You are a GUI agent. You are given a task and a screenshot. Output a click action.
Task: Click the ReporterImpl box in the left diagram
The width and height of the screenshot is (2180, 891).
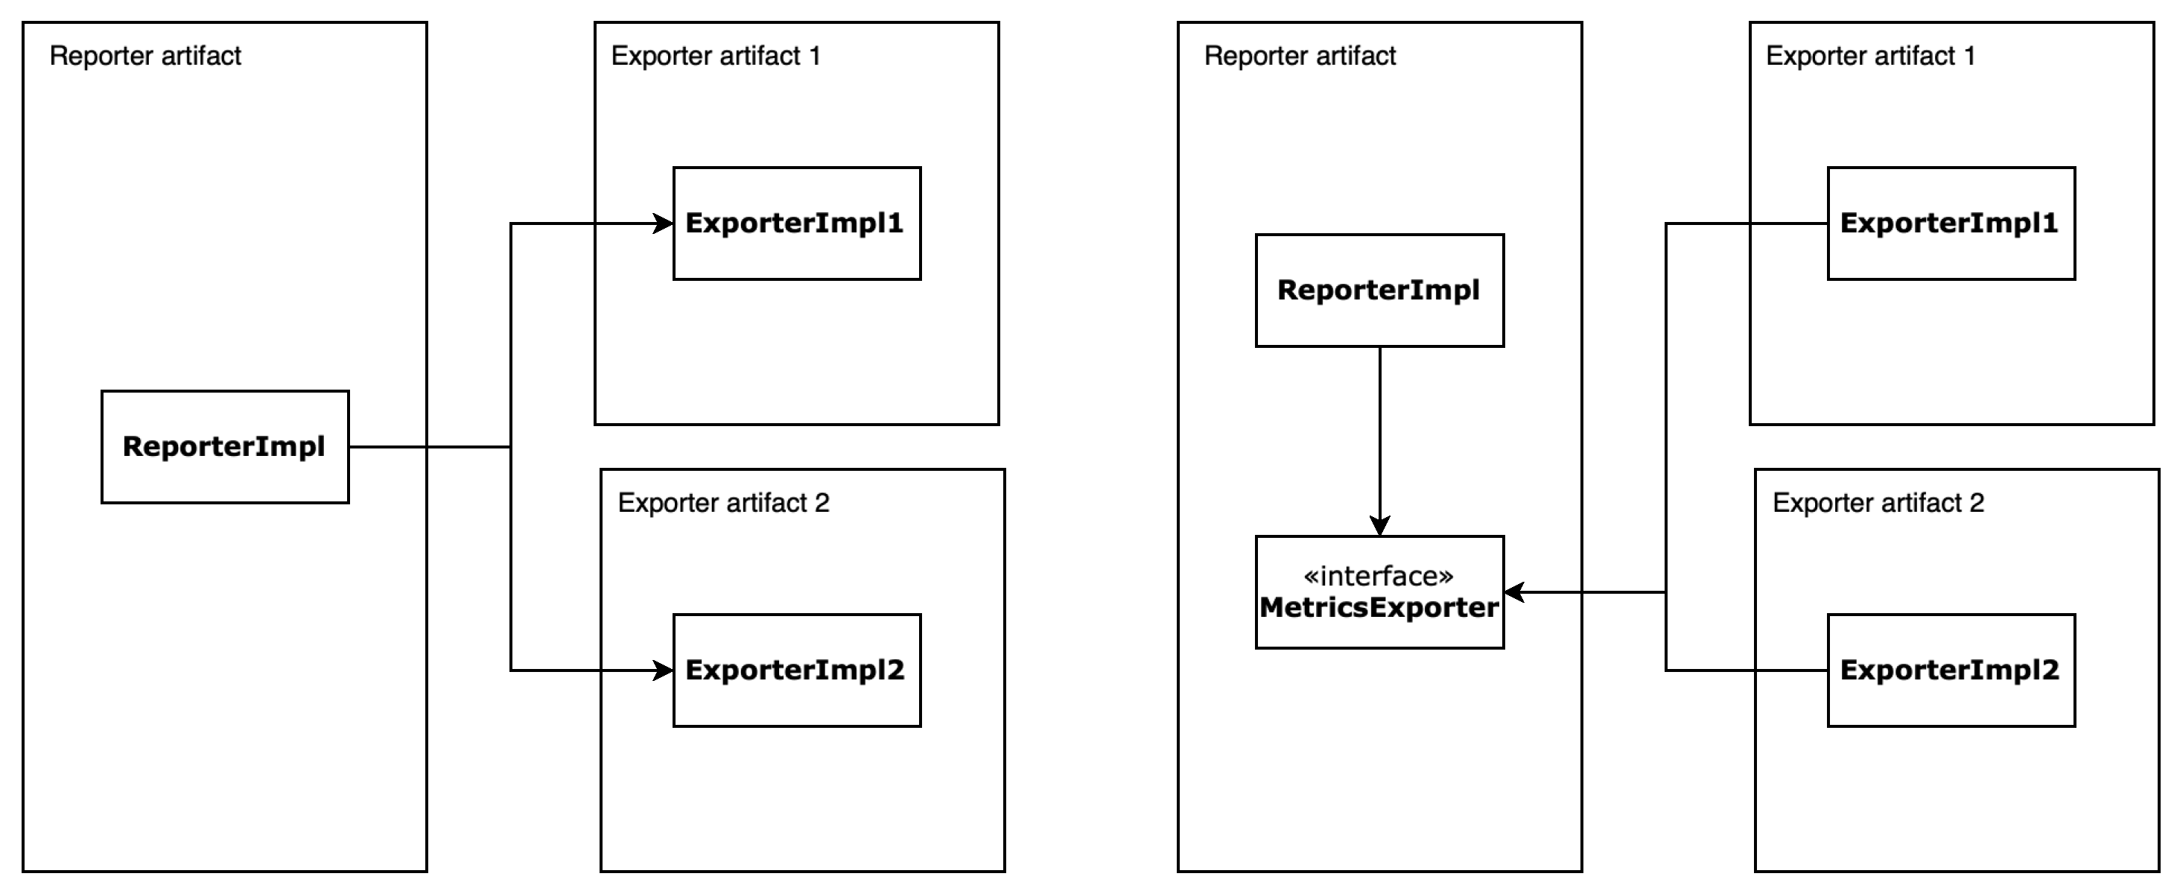(x=224, y=447)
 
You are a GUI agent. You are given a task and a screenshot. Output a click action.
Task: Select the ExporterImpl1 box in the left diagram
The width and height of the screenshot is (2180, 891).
(x=796, y=223)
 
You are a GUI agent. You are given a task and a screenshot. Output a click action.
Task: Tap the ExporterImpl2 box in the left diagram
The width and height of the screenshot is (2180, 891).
(x=796, y=670)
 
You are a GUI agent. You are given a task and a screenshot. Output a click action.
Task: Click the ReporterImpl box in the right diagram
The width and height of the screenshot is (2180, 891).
(x=1379, y=291)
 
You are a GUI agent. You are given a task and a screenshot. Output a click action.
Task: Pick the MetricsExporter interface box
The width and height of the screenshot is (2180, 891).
(x=1379, y=592)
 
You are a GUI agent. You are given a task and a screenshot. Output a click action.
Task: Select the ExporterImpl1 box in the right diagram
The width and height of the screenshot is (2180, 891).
(x=1951, y=223)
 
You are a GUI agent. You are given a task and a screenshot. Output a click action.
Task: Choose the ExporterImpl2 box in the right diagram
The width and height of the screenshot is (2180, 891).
(x=1951, y=670)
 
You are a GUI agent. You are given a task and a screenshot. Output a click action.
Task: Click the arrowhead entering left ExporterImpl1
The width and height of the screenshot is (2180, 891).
(x=664, y=223)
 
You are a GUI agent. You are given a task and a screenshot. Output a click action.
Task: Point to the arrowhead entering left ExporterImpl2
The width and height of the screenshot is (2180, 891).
(x=664, y=670)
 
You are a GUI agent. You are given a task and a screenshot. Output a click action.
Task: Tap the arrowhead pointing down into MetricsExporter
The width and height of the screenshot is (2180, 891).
(x=1379, y=526)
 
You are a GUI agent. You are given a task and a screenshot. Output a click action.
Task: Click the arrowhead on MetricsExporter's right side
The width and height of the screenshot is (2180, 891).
(x=1515, y=592)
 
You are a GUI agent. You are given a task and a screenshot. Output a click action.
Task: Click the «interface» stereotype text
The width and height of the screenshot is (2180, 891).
(x=1379, y=576)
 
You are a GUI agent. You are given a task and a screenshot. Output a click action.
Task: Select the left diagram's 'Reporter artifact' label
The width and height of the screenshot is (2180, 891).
(x=144, y=56)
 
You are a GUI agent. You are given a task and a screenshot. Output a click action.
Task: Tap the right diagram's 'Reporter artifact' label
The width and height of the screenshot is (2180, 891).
(x=1299, y=56)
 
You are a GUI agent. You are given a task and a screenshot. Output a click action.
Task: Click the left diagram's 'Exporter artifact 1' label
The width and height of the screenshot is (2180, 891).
(x=715, y=56)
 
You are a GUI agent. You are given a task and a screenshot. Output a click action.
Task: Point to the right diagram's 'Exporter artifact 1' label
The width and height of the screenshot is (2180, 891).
(x=1869, y=56)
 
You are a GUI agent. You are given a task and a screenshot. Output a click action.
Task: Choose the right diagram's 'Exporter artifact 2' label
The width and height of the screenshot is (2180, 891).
(x=1877, y=503)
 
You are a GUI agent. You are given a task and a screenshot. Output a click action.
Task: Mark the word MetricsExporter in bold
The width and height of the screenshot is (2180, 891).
(x=1379, y=608)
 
